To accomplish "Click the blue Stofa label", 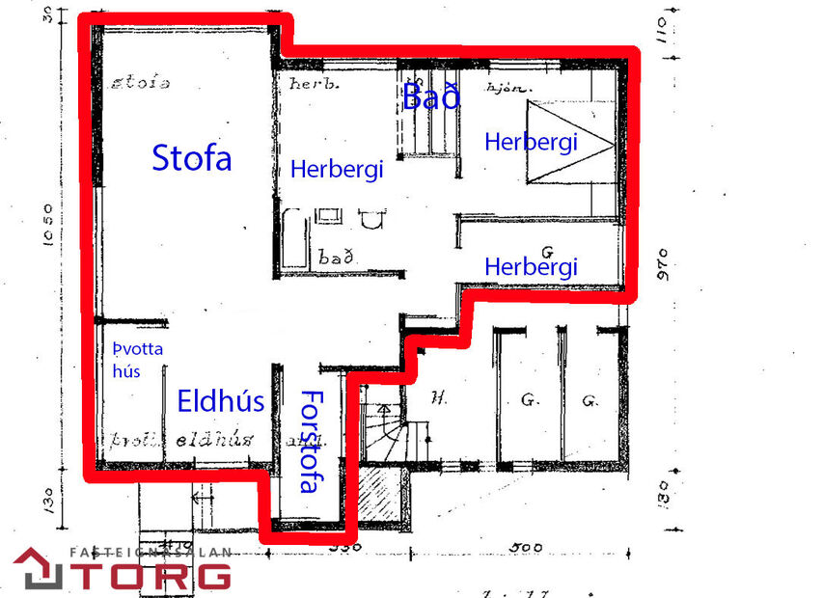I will point(192,157).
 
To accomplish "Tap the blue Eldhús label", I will point(220,400).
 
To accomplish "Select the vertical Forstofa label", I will point(310,441).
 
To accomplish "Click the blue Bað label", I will point(431,96).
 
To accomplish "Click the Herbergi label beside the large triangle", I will point(530,142).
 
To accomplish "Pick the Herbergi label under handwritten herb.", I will point(337,170).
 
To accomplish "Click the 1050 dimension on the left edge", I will point(53,226).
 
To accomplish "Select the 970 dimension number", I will point(664,262).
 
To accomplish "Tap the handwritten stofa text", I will point(141,83).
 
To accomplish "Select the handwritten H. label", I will point(439,395).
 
